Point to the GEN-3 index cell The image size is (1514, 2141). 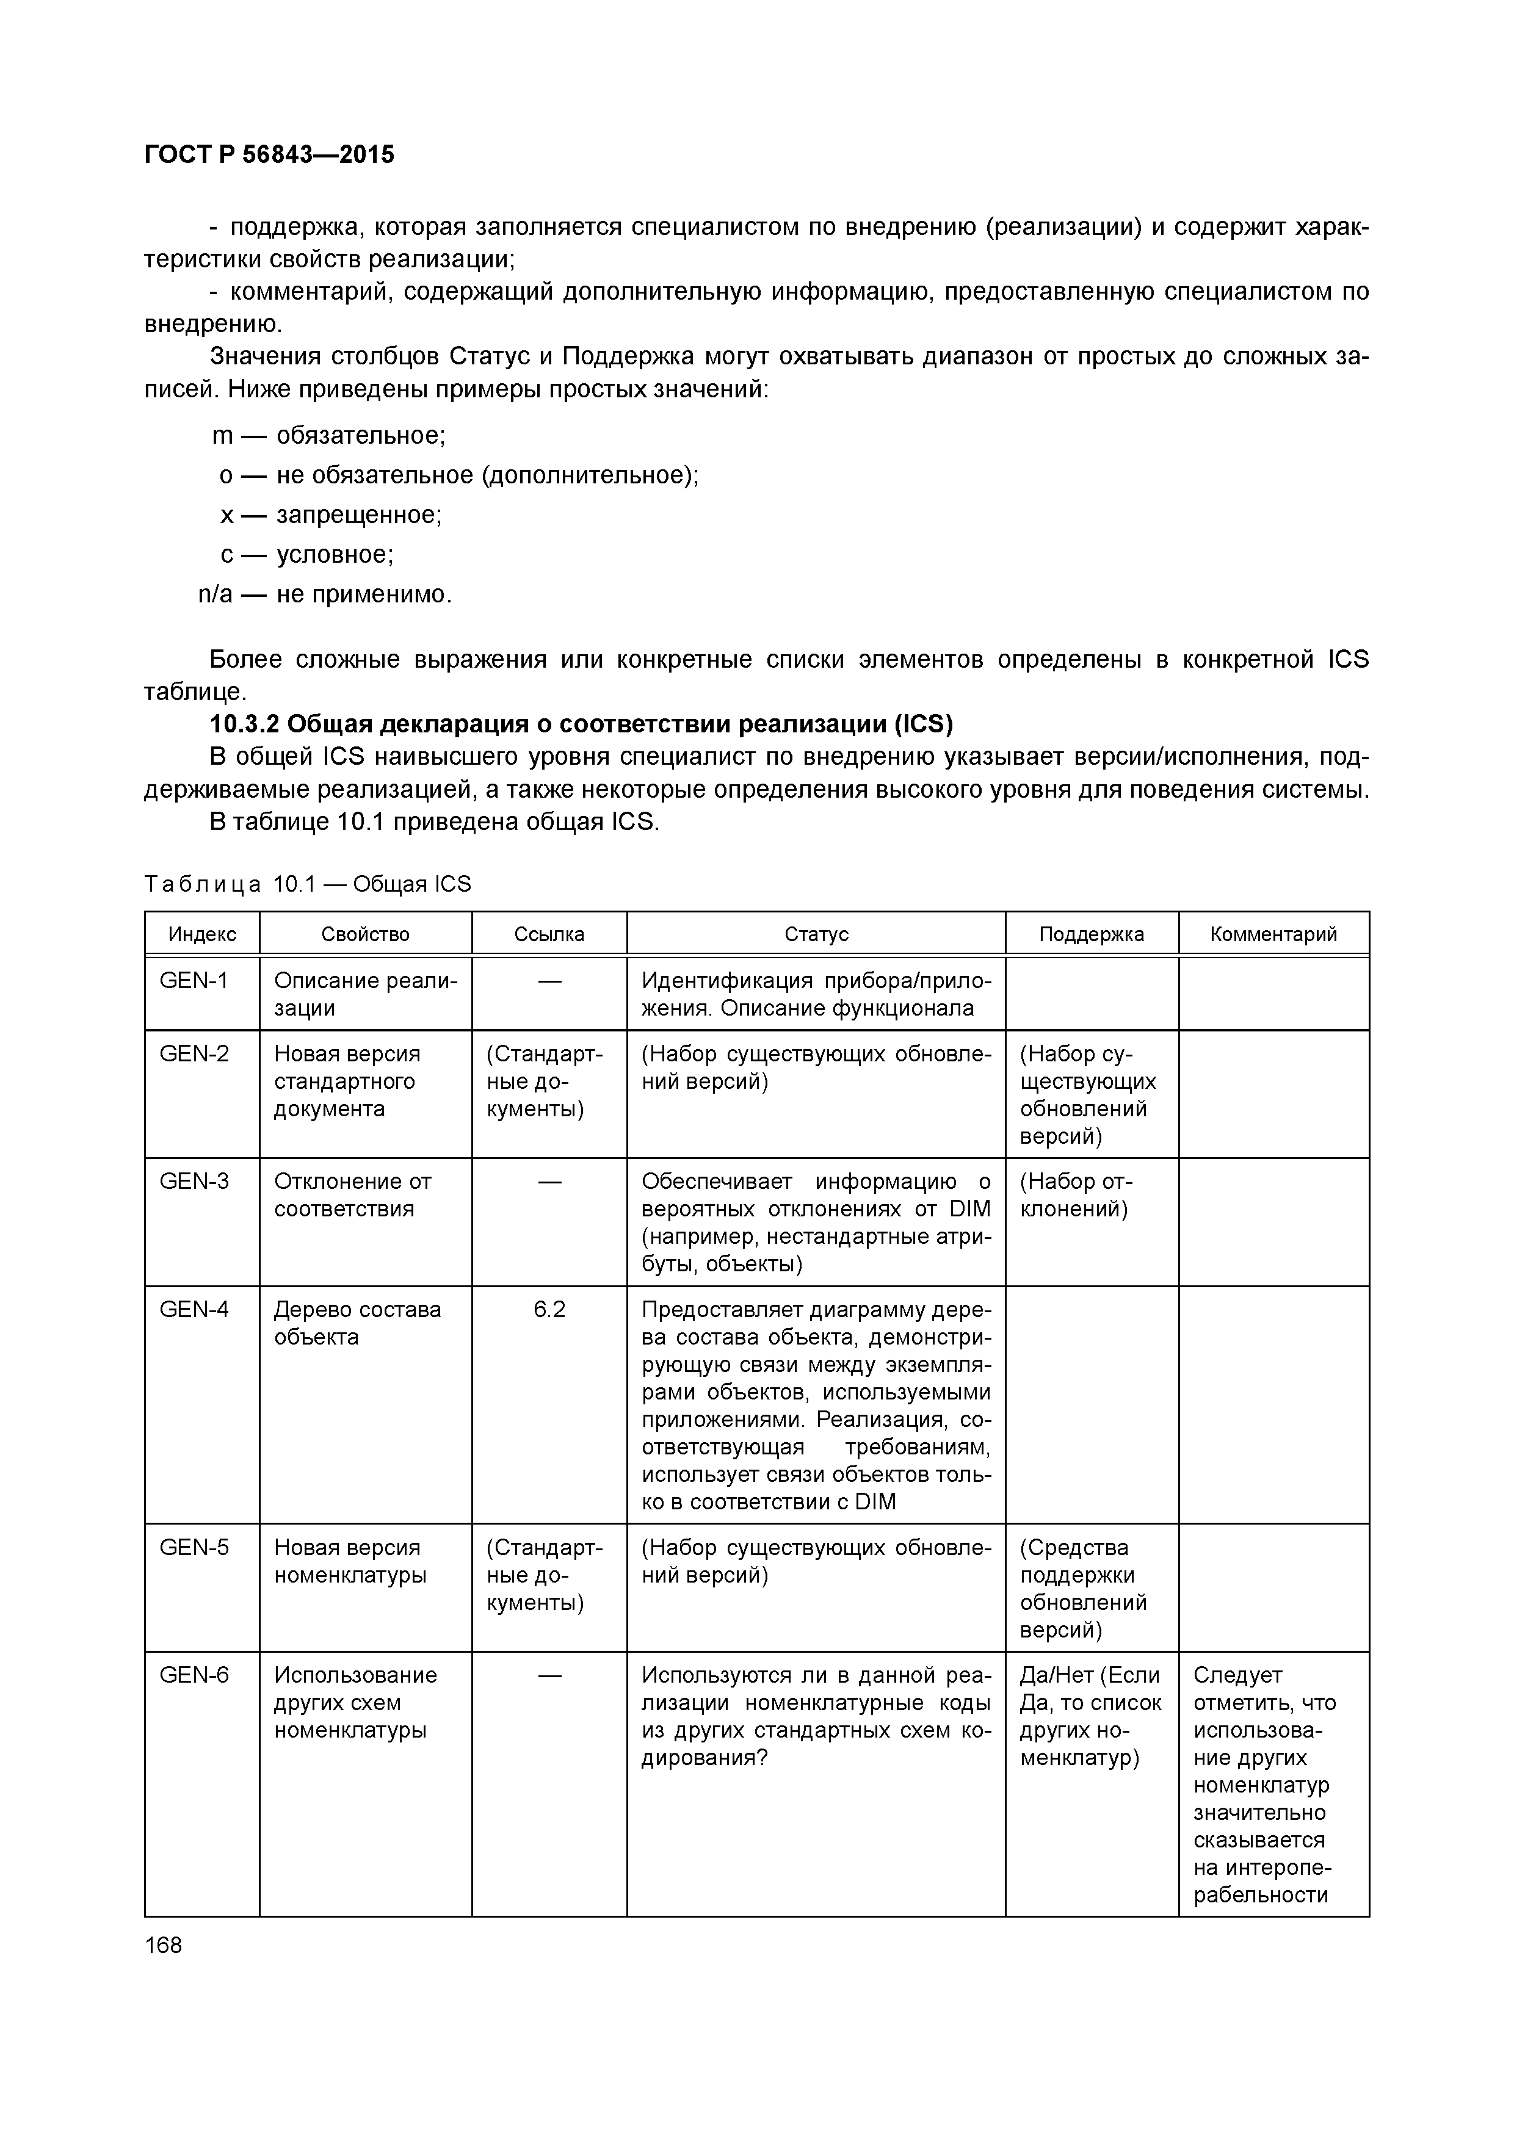click(194, 1182)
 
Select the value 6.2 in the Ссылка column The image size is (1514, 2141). click(549, 1309)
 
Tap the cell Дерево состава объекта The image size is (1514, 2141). click(357, 1323)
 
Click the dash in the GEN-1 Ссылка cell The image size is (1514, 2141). click(549, 981)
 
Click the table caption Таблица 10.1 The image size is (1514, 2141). click(308, 884)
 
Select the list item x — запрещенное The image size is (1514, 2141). click(331, 514)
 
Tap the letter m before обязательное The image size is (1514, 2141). click(223, 436)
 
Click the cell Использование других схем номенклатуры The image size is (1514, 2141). click(355, 1703)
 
